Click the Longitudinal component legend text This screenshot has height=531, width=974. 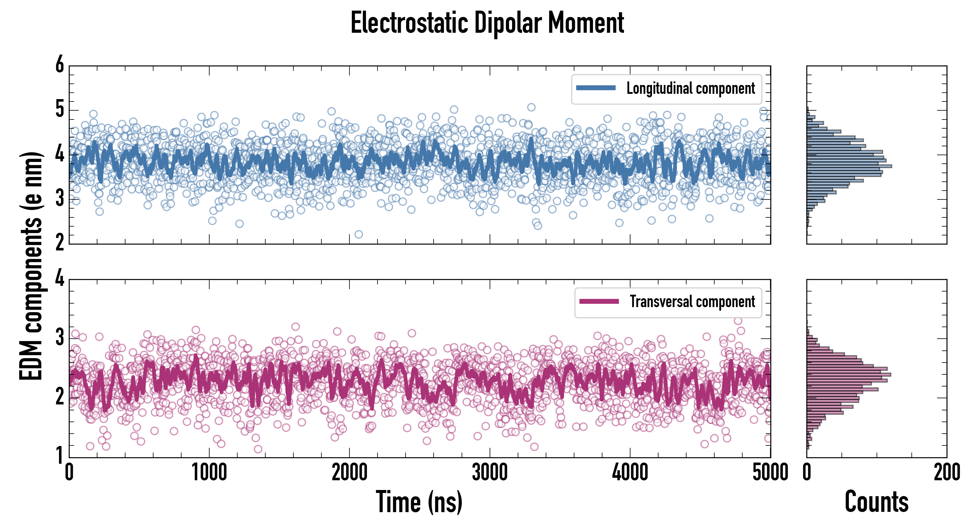690,88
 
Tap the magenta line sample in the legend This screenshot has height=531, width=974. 599,301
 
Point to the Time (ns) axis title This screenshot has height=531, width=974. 419,502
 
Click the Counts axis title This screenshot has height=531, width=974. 876,502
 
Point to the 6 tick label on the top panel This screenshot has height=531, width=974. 60,65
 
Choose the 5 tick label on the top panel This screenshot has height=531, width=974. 60,110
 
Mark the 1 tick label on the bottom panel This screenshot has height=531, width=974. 60,455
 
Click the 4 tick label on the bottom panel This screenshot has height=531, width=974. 60,279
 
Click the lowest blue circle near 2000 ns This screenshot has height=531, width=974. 358,234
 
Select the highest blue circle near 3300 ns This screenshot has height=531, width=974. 531,107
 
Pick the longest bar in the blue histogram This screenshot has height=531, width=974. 849,166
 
